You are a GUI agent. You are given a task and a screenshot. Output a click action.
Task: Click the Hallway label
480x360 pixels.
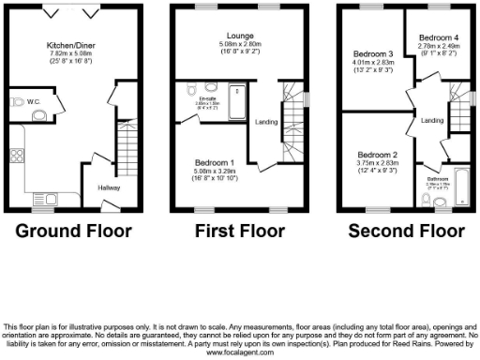point(110,187)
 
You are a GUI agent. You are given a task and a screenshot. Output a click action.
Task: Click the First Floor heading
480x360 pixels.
point(240,231)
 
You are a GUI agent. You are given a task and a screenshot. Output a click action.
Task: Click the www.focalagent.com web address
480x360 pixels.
point(239,354)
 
